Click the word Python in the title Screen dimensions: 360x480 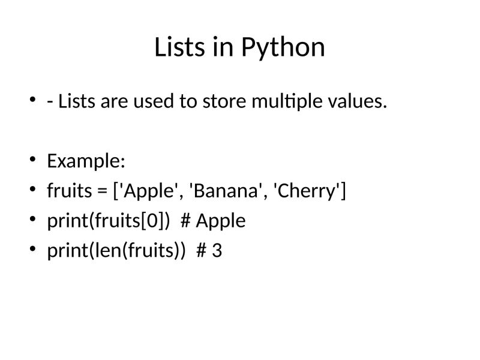click(283, 48)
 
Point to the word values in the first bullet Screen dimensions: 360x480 click(358, 102)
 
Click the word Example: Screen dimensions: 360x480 click(86, 161)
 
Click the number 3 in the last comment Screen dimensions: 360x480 click(217, 251)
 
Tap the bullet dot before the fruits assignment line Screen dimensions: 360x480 click(32, 190)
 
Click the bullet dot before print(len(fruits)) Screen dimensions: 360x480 click(32, 250)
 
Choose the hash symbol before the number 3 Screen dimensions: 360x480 click(202, 251)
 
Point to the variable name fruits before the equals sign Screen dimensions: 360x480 click(69, 191)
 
